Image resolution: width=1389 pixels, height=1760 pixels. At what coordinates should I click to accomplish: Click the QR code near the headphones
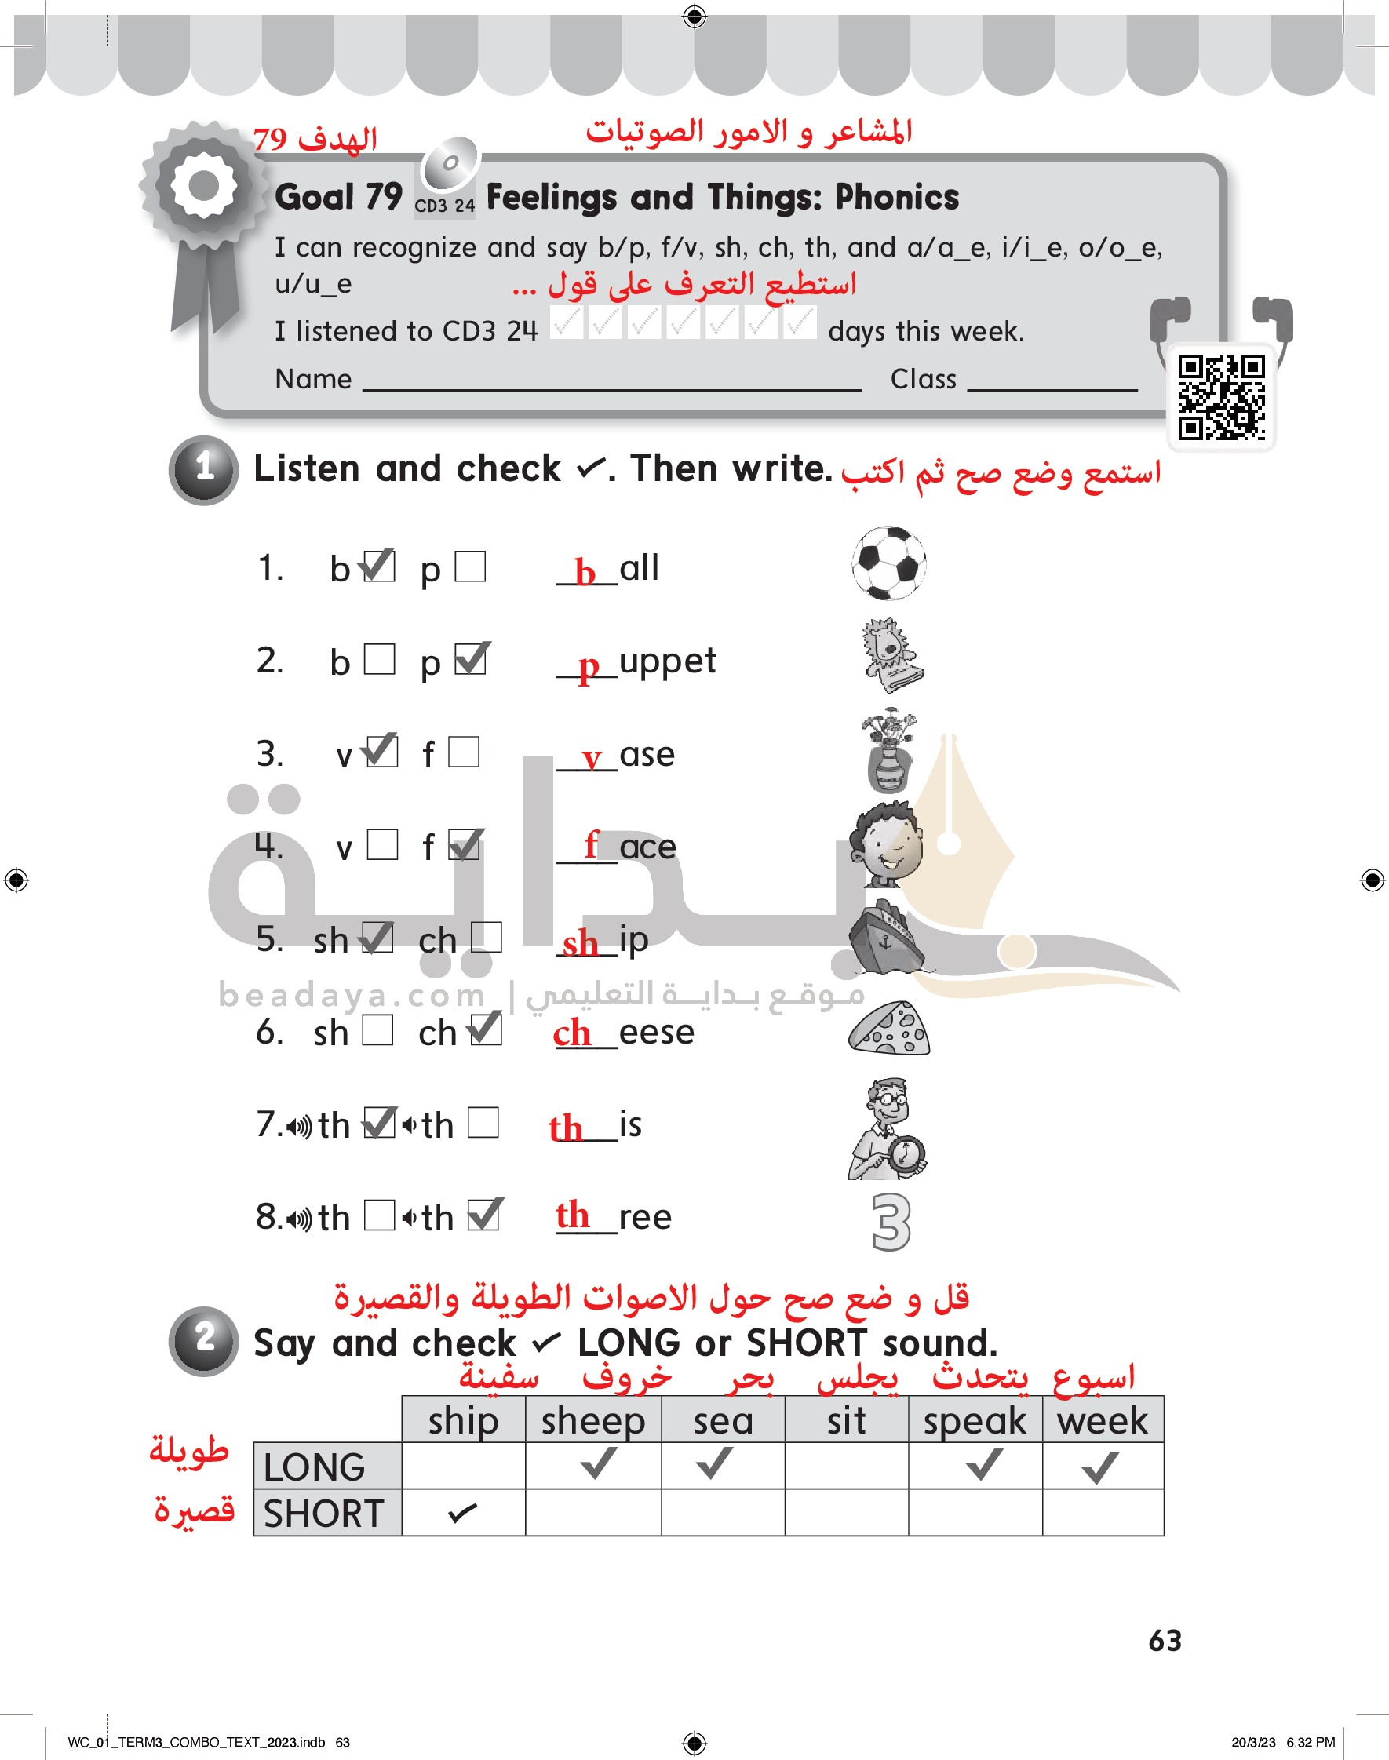[1222, 398]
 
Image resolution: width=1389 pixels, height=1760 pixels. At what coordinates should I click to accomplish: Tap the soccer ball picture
[889, 563]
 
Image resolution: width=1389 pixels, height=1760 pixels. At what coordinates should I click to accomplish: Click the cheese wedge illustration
[889, 1029]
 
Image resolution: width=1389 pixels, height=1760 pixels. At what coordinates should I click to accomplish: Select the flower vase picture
[889, 751]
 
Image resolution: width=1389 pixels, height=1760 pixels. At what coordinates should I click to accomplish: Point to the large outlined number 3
[891, 1222]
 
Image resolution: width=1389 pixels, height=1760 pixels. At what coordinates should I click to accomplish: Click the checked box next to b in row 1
[379, 566]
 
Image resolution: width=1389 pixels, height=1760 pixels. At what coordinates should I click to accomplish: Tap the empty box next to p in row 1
[470, 567]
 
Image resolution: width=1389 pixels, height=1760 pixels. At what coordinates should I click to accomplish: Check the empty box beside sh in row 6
[378, 1030]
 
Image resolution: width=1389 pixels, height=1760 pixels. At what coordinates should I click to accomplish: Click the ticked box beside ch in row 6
[486, 1029]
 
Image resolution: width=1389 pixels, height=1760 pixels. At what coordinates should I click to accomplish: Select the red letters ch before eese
[572, 1033]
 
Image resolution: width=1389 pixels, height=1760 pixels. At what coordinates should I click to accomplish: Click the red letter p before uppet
[588, 669]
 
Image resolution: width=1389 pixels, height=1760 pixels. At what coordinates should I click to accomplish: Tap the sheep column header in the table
[592, 1420]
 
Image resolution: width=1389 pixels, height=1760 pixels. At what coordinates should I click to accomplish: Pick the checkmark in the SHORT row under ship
[462, 1513]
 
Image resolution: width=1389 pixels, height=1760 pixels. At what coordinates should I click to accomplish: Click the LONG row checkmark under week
[1100, 1467]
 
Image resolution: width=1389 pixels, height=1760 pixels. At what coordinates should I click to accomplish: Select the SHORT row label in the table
[323, 1514]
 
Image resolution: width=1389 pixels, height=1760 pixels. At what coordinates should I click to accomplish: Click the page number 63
[1165, 1641]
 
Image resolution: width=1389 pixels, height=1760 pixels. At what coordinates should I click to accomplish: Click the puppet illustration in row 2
[892, 655]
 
